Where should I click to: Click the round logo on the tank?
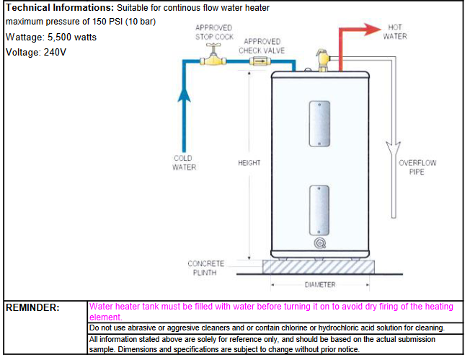point(319,243)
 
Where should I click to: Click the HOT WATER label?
point(396,32)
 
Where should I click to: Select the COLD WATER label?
point(184,162)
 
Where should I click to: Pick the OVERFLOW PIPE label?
point(417,167)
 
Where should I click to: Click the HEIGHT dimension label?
point(249,163)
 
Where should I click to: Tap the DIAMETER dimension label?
point(320,285)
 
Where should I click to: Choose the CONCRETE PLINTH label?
point(206,268)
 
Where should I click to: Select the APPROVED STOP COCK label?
point(214,32)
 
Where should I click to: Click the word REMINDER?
point(32,307)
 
